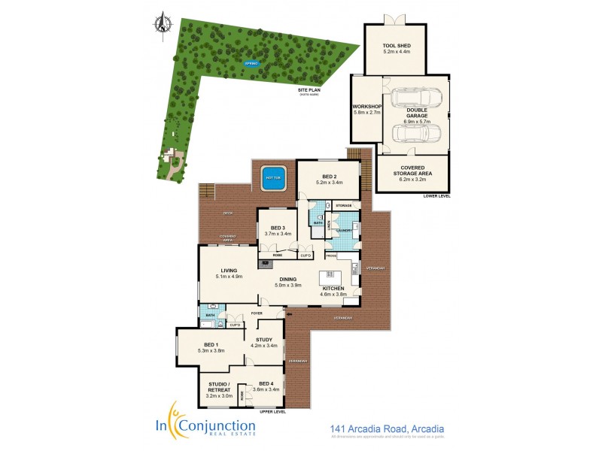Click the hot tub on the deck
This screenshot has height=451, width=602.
(272, 178)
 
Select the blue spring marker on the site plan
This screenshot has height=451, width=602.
(251, 63)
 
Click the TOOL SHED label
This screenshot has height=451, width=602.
(397, 45)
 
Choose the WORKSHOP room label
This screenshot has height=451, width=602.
(368, 107)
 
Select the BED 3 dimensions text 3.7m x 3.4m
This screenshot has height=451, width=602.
(278, 235)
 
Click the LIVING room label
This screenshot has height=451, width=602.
(229, 271)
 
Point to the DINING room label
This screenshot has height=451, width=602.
(288, 280)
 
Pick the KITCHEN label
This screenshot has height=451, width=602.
(333, 289)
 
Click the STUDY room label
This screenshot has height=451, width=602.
(263, 340)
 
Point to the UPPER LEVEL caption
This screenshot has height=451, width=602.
(272, 412)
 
